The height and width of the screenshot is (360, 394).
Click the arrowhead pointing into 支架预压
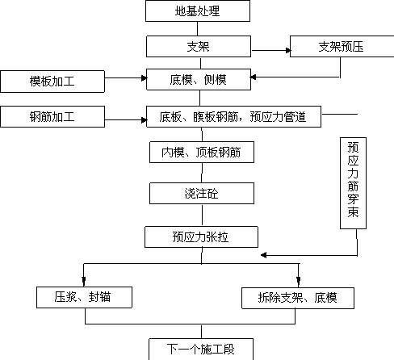[288, 50]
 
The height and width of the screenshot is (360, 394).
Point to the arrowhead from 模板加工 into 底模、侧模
[144, 78]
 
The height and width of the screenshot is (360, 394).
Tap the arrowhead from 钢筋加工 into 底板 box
[144, 120]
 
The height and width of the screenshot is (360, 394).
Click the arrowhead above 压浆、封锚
[84, 281]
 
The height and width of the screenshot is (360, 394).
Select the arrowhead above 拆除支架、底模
[299, 282]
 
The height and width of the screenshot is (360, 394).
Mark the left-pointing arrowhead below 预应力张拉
[264, 255]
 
